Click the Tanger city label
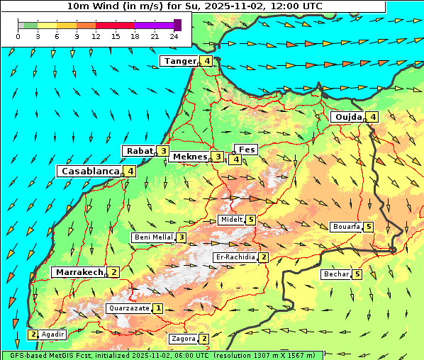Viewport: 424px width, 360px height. [180, 61]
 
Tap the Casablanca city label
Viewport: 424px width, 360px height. [90, 171]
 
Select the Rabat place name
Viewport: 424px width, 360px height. [140, 151]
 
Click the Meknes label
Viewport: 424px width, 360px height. [190, 157]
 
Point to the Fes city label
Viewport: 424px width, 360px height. [247, 150]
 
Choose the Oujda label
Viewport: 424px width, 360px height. [348, 117]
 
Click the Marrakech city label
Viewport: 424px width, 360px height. [79, 272]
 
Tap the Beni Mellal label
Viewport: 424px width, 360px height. [153, 237]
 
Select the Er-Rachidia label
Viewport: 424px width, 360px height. [235, 257]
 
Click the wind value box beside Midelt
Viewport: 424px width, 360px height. [251, 220]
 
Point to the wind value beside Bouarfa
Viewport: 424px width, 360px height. [369, 227]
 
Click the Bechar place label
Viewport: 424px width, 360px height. [336, 274]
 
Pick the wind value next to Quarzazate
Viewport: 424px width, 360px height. [158, 308]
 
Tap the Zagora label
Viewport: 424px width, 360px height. [184, 339]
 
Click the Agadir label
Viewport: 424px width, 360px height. [53, 334]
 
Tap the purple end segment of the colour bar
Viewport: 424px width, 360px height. [177, 25]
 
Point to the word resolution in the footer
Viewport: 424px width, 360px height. [240, 356]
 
